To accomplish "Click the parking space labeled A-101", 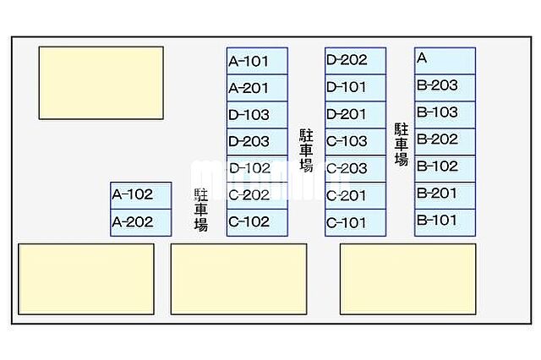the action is point(257,61).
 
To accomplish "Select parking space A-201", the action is point(257,88).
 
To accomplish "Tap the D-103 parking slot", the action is point(257,114).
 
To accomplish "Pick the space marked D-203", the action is point(257,141).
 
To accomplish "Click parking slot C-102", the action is point(257,222).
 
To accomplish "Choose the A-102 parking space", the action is point(141,195).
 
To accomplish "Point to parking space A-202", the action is point(141,222).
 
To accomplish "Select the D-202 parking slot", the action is point(355,61).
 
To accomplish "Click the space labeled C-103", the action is point(355,141).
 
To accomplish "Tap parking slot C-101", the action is point(355,222).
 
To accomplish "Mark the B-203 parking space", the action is point(445,88).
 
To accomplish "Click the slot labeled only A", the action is point(445,61).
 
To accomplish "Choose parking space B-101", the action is point(445,222).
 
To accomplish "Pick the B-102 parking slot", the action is point(445,169).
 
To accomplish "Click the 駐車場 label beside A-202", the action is point(201,210).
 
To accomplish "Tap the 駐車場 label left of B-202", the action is point(402,145).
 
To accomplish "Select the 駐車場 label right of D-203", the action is point(306,150).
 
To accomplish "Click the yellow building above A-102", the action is point(101,83).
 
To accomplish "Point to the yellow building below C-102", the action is point(238,279).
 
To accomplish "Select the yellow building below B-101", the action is point(408,279).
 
